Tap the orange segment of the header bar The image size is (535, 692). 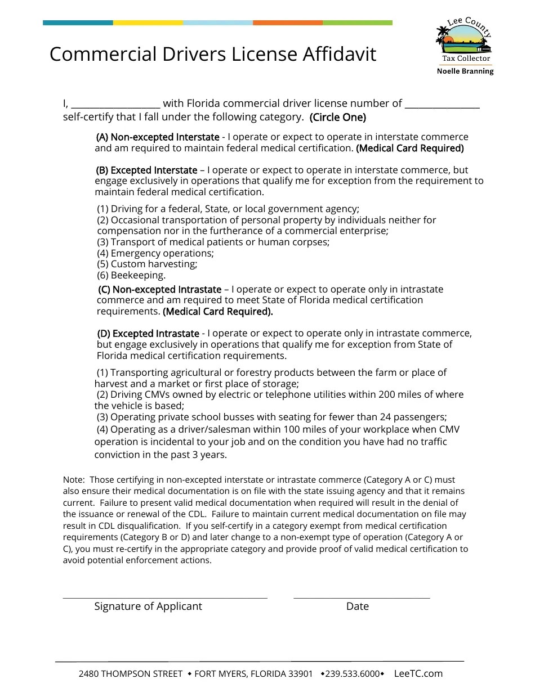tap(287, 23)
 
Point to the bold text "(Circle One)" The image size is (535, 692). tap(337, 118)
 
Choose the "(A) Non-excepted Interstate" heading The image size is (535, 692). tap(158, 137)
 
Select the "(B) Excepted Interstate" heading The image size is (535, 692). tap(146, 170)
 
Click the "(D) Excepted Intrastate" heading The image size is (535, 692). tap(148, 334)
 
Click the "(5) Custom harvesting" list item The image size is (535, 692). tap(147, 264)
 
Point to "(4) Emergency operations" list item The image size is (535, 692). tap(155, 253)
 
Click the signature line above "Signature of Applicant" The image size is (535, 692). tap(164, 596)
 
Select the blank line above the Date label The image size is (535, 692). tap(362, 596)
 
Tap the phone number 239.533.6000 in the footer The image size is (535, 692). tap(352, 674)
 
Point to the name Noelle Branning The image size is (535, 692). tap(465, 71)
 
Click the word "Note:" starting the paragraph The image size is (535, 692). tap(73, 480)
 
